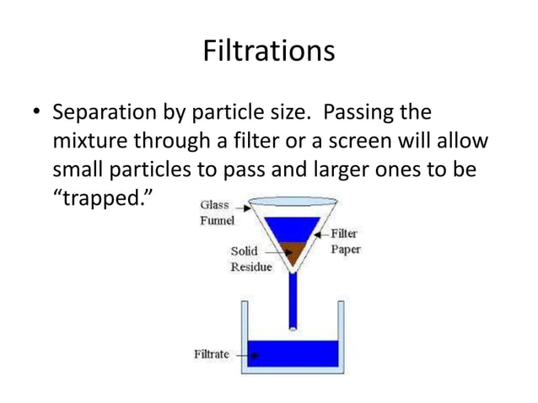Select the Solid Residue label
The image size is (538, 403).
point(250,259)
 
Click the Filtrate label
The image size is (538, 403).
point(212,354)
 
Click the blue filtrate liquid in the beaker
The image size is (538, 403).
point(291,353)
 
